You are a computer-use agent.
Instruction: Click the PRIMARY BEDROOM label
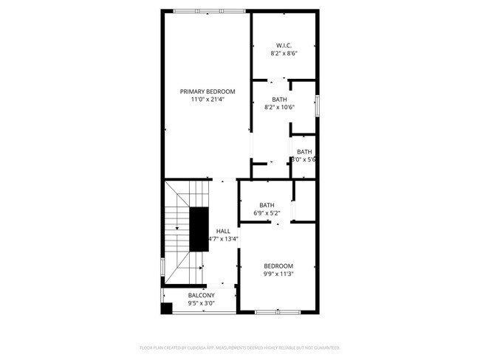(x=208, y=91)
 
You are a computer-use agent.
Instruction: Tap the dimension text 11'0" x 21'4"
(x=208, y=100)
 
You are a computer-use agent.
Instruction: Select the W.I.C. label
(x=284, y=46)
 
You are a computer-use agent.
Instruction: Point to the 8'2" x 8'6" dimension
(x=284, y=54)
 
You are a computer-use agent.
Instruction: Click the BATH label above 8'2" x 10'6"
(x=279, y=100)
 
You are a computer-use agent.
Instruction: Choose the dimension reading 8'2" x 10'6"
(x=279, y=108)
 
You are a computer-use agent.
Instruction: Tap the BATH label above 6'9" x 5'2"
(x=267, y=206)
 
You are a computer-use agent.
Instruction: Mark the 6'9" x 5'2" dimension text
(x=267, y=214)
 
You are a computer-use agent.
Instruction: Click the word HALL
(x=222, y=231)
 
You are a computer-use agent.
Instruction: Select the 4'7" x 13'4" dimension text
(x=223, y=239)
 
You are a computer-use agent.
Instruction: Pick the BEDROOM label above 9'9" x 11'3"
(x=278, y=266)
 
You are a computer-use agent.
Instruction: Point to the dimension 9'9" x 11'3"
(x=278, y=274)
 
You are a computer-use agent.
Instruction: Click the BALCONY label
(x=201, y=295)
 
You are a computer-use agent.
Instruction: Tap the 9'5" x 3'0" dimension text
(x=201, y=302)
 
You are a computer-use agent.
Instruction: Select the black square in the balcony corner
(x=167, y=308)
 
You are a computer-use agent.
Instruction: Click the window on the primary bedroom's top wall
(x=209, y=11)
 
